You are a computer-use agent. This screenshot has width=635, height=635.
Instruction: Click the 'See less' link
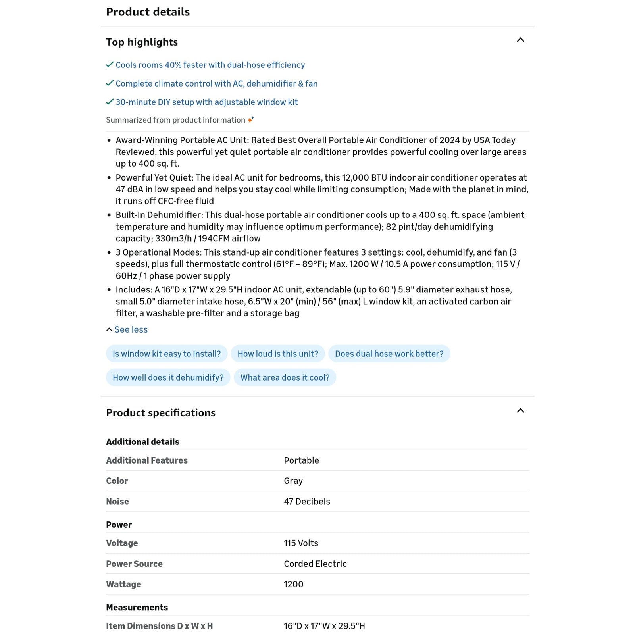click(131, 329)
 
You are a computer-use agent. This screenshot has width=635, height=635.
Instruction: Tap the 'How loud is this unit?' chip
click(278, 354)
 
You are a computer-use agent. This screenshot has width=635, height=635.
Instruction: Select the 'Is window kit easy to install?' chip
click(167, 354)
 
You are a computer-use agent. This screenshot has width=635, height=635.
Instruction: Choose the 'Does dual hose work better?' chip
click(389, 354)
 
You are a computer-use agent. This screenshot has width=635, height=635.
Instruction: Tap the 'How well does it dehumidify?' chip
click(168, 377)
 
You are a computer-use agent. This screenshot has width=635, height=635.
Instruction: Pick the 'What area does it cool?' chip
click(285, 377)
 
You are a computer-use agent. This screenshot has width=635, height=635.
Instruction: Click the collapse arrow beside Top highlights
click(520, 40)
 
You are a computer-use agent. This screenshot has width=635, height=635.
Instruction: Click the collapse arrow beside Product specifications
click(520, 411)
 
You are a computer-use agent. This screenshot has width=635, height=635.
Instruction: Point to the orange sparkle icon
click(250, 119)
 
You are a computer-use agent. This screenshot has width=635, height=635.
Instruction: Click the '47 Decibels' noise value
click(307, 502)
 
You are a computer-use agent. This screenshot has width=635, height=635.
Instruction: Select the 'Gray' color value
click(293, 481)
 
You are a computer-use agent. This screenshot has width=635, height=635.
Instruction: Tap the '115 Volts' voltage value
click(301, 543)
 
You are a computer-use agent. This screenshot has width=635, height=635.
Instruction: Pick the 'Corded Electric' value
click(315, 564)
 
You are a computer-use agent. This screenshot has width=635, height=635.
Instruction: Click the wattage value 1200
click(293, 584)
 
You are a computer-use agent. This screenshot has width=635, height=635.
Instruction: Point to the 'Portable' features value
click(301, 460)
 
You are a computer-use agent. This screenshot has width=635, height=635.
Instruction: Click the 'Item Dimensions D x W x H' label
click(159, 626)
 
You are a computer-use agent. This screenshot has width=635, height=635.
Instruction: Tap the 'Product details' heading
click(148, 12)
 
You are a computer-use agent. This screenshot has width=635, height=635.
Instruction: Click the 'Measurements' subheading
click(137, 607)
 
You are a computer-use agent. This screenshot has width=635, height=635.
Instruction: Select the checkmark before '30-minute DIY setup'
click(110, 102)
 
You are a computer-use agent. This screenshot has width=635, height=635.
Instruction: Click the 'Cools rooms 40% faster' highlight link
click(210, 65)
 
